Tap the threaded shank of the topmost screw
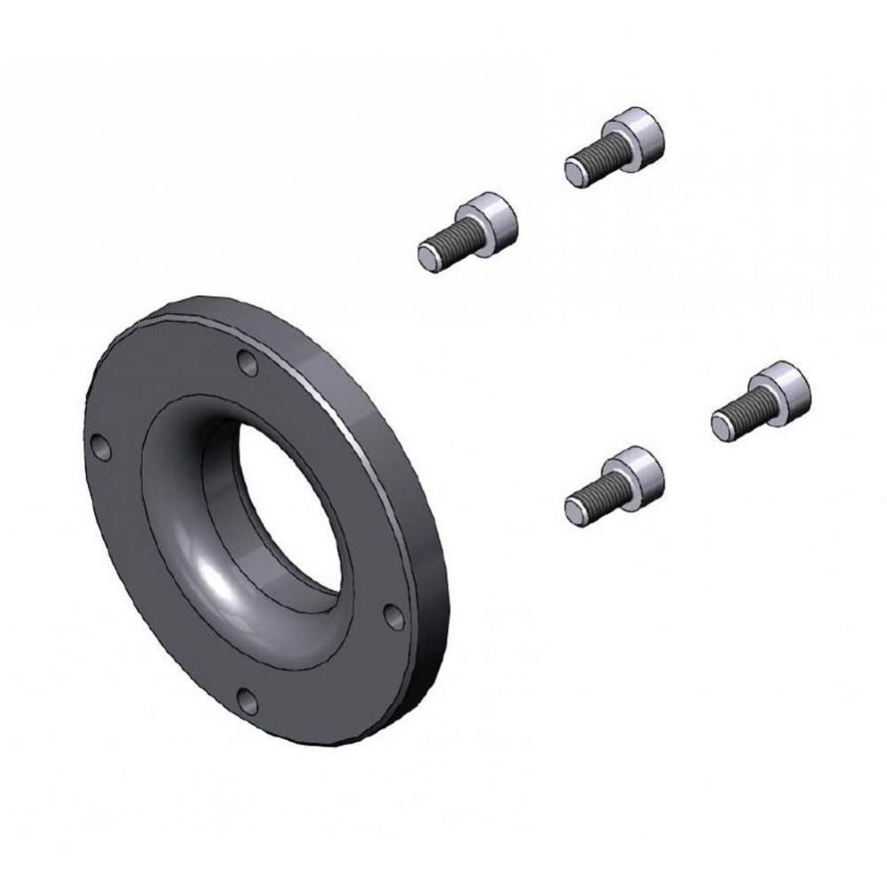point(598,159)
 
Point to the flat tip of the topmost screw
point(574,172)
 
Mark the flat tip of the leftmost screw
point(428,256)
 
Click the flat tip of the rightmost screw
point(722,425)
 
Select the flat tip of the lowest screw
point(575,509)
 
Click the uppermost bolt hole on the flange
point(248,363)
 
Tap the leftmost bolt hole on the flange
point(103,448)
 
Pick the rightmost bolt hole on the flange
point(393,614)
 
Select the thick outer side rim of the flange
point(417,497)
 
